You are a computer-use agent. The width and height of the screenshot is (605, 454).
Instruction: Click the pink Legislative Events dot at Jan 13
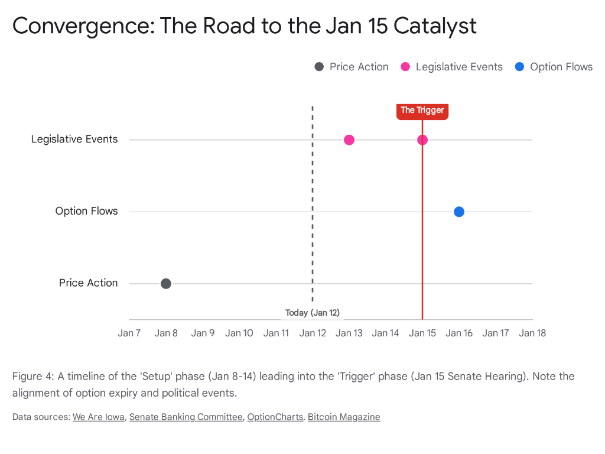coord(349,140)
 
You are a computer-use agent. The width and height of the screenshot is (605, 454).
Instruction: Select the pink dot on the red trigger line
coord(422,140)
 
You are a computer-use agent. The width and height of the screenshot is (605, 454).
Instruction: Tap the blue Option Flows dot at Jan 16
coord(459,212)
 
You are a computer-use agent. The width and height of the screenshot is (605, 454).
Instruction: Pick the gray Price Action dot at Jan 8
coord(166,284)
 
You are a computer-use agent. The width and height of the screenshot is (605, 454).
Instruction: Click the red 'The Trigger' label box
coord(422,111)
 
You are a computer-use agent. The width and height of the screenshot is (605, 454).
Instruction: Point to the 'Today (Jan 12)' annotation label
coord(312,313)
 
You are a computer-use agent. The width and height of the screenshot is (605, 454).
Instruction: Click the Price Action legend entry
coord(352,67)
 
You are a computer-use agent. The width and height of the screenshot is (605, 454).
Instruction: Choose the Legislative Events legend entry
coord(452,67)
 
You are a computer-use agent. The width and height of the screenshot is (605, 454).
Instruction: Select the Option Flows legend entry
coord(554,67)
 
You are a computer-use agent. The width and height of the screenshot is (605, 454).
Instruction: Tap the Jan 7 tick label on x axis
coord(129,333)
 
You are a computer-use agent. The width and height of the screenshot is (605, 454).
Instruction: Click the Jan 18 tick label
coord(532,333)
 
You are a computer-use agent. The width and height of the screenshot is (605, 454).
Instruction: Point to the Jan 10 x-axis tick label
coord(239,333)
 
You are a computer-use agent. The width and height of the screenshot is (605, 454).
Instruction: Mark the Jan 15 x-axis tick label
coord(422,333)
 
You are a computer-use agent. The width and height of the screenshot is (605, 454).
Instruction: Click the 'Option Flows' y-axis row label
coord(86,211)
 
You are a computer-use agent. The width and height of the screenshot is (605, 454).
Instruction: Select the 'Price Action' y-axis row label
coord(88,283)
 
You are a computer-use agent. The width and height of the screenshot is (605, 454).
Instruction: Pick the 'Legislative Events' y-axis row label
coord(74,140)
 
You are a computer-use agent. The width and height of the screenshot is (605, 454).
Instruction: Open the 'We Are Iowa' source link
coord(99,417)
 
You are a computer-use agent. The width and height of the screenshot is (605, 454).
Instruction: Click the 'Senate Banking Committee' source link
coord(186,417)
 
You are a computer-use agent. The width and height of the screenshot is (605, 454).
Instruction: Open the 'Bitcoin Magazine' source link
coord(344,417)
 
